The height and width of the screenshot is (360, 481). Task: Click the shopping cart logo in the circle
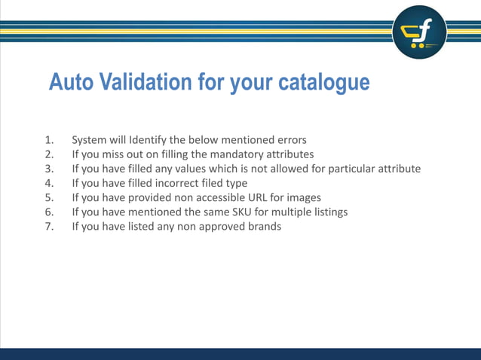pos(419,32)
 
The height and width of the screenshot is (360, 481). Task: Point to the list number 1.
pos(49,139)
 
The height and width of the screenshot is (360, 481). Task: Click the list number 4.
pos(49,183)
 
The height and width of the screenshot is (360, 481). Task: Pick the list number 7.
pos(49,226)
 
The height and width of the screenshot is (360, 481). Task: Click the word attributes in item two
pos(286,154)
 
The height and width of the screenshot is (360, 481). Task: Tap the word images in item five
pos(304,197)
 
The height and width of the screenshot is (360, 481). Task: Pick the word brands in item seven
pos(262,226)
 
